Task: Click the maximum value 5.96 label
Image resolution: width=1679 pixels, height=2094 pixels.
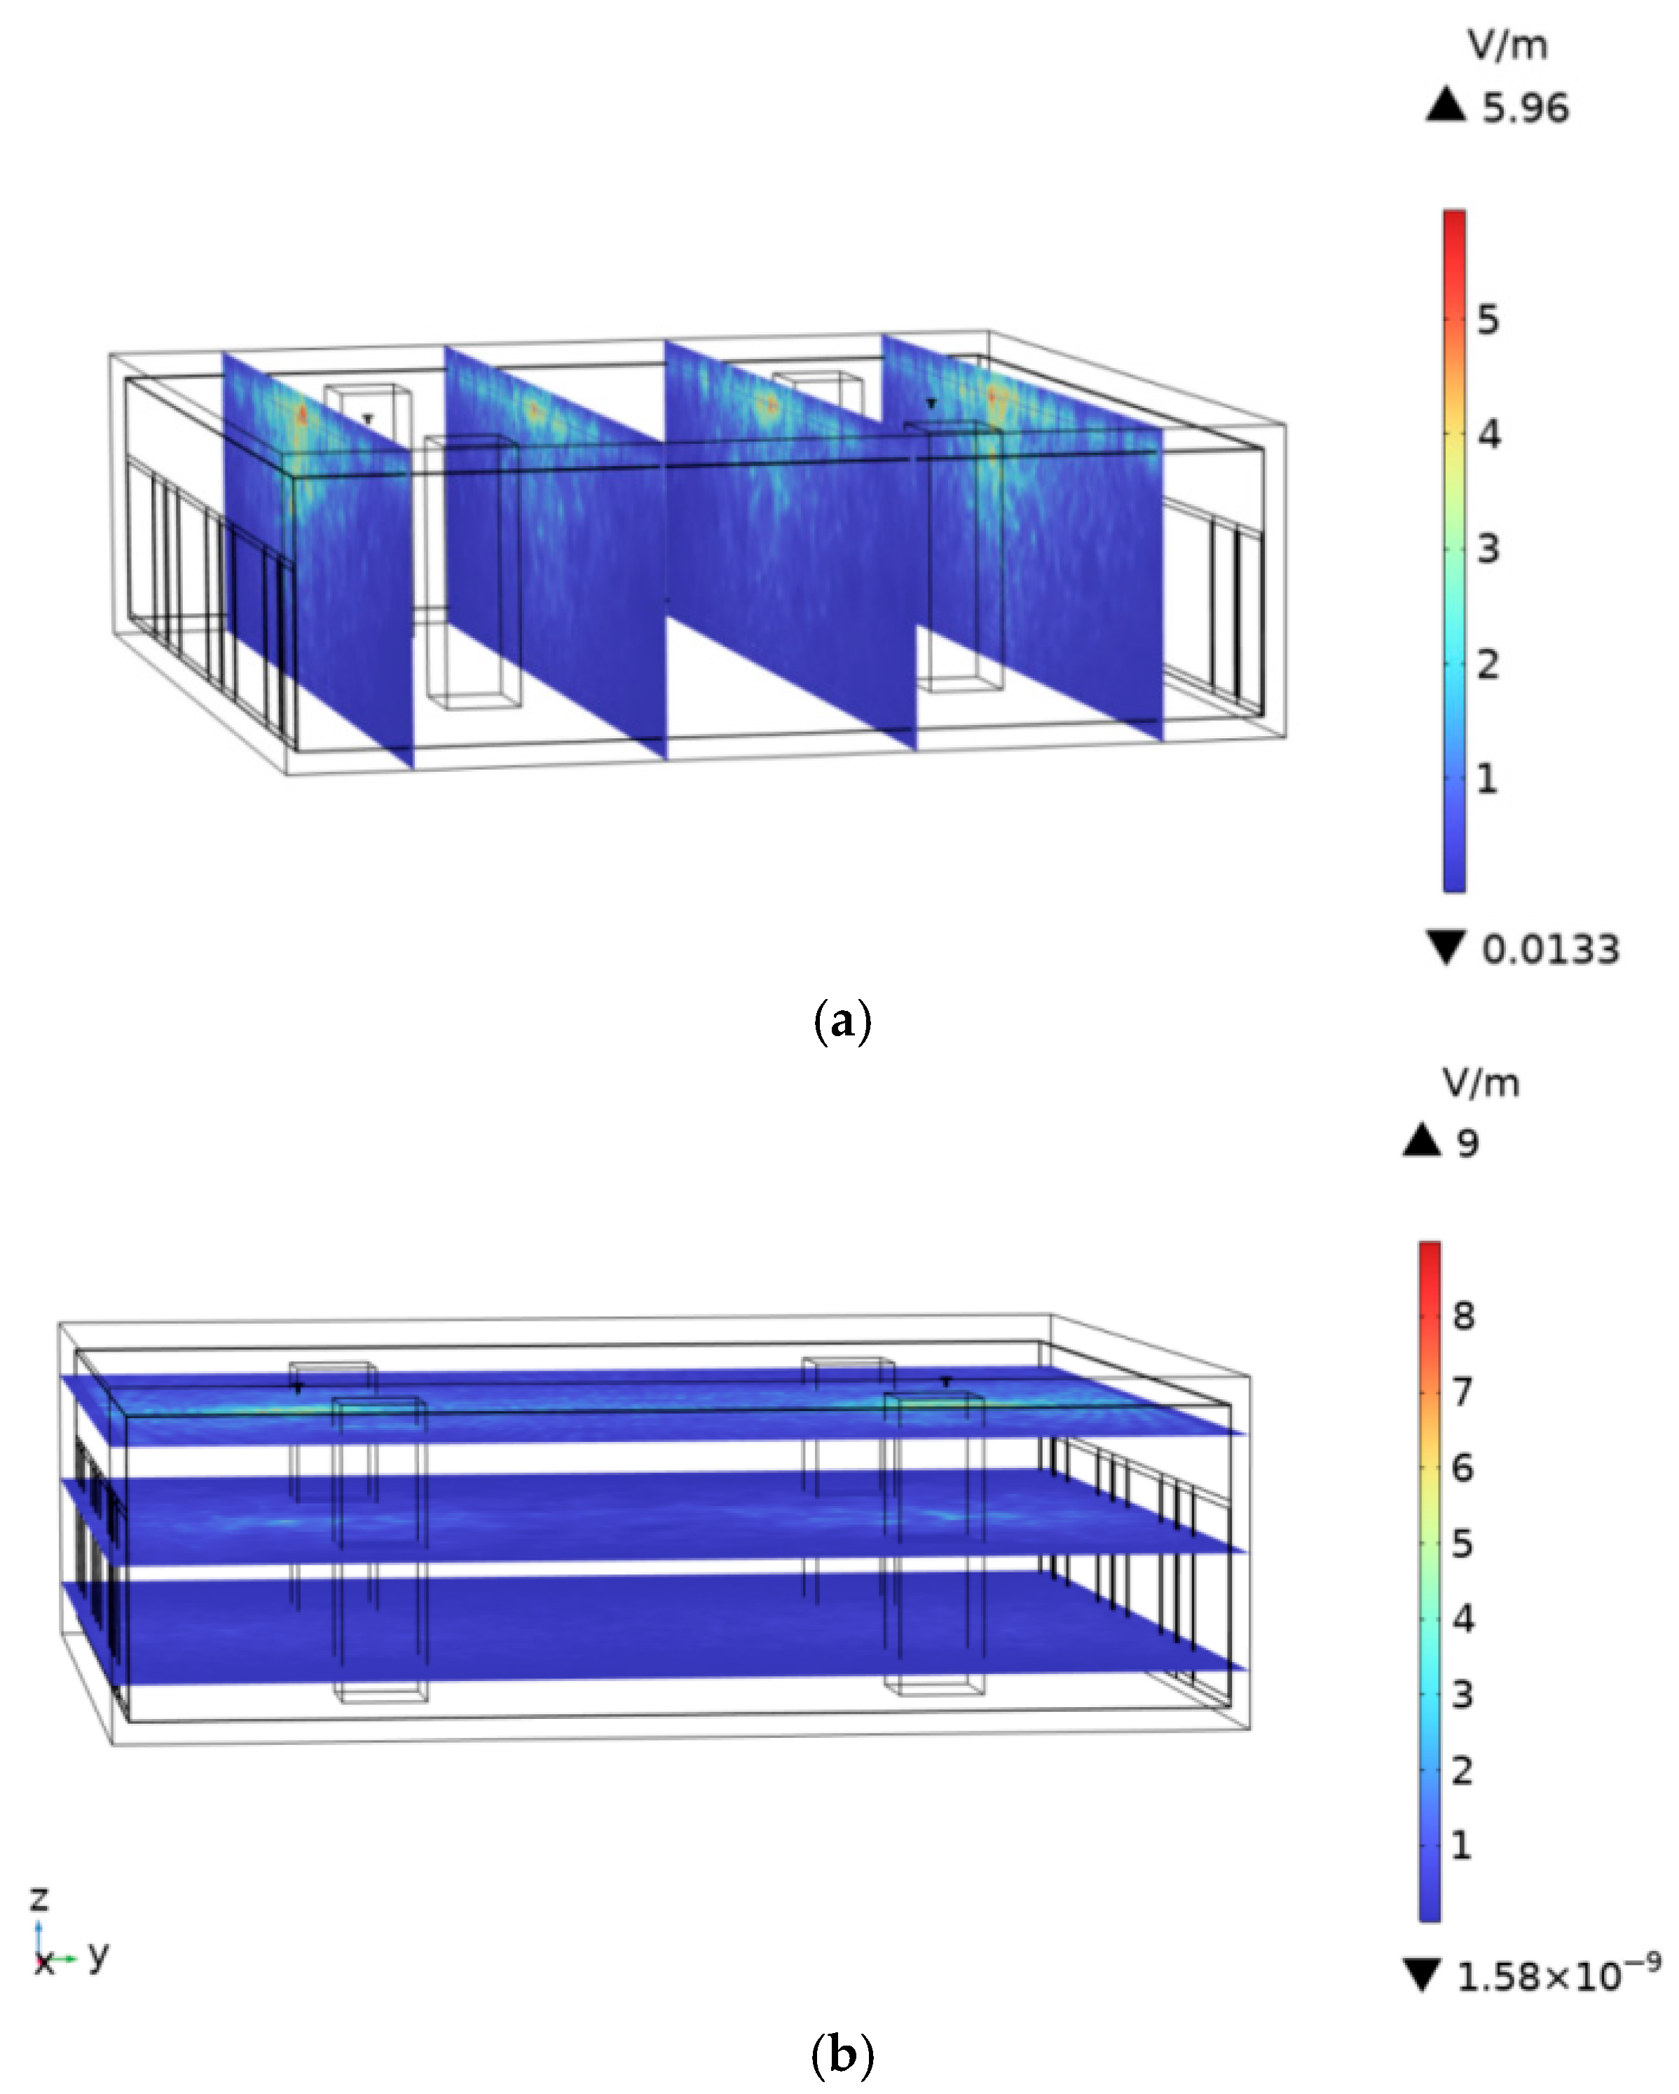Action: (1525, 108)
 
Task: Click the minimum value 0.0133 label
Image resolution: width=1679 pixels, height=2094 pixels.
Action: (1551, 949)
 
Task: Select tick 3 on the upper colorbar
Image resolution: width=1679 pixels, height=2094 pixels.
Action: (1488, 549)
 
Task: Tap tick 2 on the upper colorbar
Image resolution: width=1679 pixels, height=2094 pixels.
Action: (1488, 665)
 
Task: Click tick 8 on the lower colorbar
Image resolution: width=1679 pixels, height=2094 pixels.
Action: (1463, 1316)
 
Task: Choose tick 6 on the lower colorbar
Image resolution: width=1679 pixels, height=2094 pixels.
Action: (1463, 1467)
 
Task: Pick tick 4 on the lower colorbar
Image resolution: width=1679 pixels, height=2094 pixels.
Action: (1463, 1618)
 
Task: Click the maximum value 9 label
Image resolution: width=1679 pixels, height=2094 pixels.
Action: (1468, 1144)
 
